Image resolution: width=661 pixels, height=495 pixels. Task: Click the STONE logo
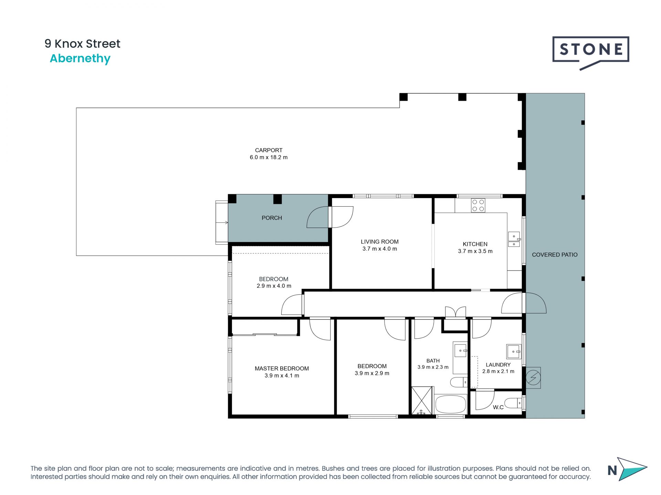click(x=590, y=52)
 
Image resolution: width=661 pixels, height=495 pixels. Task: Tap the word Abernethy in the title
click(x=80, y=58)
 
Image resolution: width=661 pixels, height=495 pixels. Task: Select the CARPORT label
click(x=269, y=150)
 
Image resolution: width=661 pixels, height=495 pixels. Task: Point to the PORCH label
click(x=272, y=218)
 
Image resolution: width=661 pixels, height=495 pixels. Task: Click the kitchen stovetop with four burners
click(x=478, y=206)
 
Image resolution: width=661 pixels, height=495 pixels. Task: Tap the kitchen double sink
click(x=514, y=240)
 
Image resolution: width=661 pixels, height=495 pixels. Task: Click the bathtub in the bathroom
click(x=451, y=405)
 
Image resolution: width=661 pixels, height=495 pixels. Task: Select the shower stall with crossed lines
click(x=422, y=401)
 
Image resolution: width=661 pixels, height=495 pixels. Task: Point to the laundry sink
click(x=513, y=352)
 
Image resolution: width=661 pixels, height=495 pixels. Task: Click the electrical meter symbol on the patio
click(x=533, y=378)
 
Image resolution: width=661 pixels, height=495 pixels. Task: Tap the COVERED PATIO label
click(x=555, y=255)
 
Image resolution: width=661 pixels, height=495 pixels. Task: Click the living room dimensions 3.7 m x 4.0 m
click(x=379, y=249)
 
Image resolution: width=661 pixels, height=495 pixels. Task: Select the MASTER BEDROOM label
click(x=282, y=368)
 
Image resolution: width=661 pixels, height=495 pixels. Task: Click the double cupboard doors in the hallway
click(x=455, y=312)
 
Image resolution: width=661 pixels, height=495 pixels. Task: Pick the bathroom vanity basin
click(x=460, y=351)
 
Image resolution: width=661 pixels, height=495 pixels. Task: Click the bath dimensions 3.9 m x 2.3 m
click(x=433, y=367)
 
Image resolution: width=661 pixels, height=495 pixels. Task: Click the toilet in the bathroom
click(x=459, y=382)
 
